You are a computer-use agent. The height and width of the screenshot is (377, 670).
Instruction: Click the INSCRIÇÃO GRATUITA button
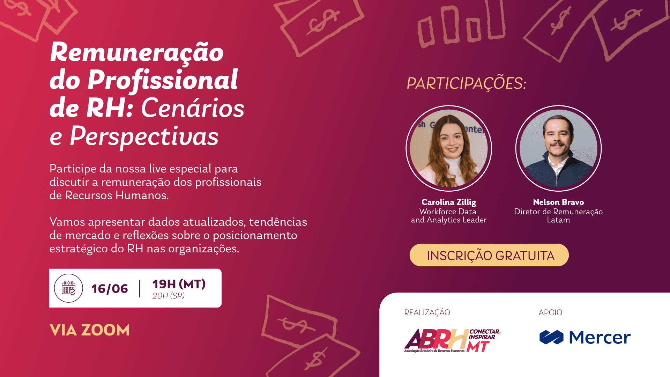489,255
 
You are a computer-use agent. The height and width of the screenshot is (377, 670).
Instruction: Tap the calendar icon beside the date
68,288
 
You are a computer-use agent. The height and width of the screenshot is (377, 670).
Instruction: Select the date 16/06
110,289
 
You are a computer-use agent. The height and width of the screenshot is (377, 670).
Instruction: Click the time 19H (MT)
179,284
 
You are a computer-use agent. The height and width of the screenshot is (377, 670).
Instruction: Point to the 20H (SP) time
168,296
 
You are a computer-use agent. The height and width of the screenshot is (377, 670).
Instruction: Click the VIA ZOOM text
90,330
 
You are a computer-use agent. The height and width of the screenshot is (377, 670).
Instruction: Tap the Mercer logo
585,337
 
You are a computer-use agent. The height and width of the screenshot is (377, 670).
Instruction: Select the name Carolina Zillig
448,202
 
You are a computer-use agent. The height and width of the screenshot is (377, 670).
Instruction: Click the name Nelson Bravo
558,202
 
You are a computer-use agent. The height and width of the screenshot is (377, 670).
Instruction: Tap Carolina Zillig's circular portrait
449,148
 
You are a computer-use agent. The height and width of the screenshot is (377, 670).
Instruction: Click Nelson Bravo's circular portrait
558,148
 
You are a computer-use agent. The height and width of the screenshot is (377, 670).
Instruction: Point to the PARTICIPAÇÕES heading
466,83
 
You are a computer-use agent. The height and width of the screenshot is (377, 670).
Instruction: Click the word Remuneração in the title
137,52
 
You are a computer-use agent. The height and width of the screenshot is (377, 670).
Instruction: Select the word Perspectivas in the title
144,136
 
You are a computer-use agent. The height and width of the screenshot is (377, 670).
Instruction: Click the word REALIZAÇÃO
427,312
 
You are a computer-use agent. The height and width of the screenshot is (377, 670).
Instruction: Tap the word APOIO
550,312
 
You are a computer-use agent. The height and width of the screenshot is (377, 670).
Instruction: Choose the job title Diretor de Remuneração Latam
558,216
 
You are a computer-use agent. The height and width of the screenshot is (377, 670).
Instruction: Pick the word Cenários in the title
193,108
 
